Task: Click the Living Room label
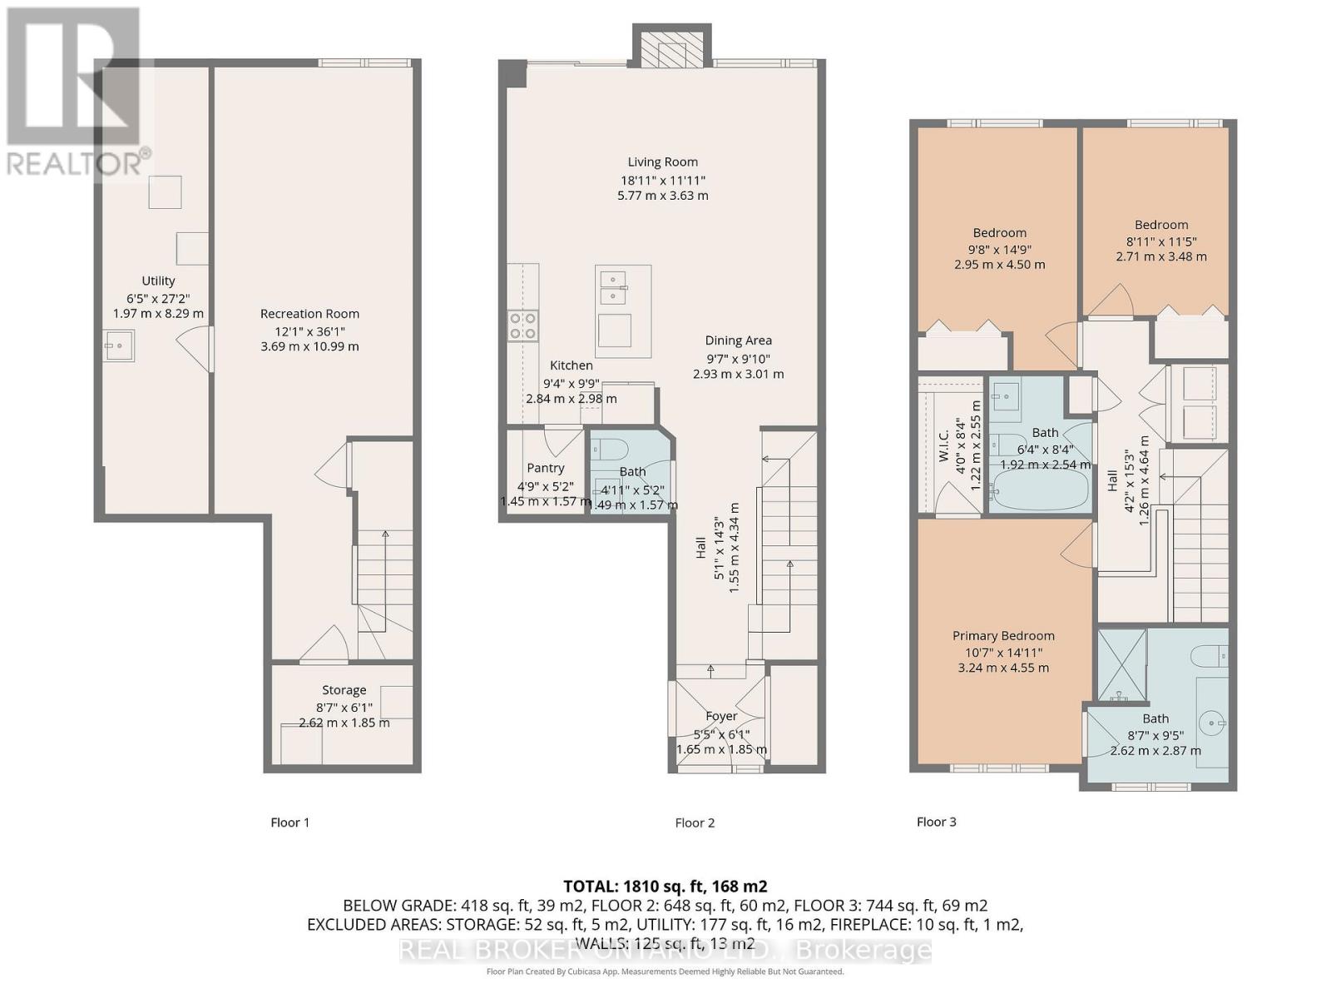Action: pyautogui.click(x=663, y=162)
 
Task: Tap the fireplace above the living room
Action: pyautogui.click(x=672, y=52)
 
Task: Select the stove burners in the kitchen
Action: pyautogui.click(x=523, y=325)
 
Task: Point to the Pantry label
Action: pyautogui.click(x=545, y=468)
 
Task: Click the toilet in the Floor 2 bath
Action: pyautogui.click(x=611, y=450)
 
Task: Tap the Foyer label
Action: pyautogui.click(x=721, y=716)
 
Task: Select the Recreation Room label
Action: pyautogui.click(x=309, y=314)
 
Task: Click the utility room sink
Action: pyautogui.click(x=119, y=345)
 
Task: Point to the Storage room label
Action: pyautogui.click(x=344, y=690)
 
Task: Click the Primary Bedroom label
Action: pyautogui.click(x=1003, y=636)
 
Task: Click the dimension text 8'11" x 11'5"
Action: pyautogui.click(x=1160, y=241)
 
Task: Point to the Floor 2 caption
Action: pyautogui.click(x=695, y=823)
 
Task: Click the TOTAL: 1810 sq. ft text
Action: pyautogui.click(x=665, y=887)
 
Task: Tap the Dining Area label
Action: pyautogui.click(x=738, y=340)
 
